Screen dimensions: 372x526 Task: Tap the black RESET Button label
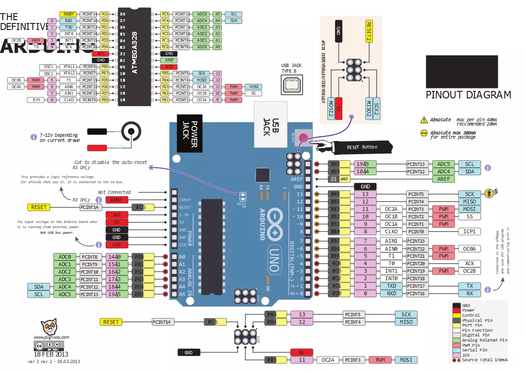362,147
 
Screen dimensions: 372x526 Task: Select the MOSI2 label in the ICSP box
331,109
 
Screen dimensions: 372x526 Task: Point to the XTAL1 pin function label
69,67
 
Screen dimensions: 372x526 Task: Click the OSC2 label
49,74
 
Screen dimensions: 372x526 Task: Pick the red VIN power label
116,245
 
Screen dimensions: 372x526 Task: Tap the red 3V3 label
116,215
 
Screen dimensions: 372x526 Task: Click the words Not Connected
114,192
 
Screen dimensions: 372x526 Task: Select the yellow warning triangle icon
424,120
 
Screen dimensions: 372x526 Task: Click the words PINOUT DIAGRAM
468,95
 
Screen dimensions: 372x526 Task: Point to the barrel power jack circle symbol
131,131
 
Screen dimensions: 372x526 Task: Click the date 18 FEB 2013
51,354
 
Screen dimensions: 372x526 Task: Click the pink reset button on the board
304,138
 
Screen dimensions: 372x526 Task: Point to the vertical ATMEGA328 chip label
135,53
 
